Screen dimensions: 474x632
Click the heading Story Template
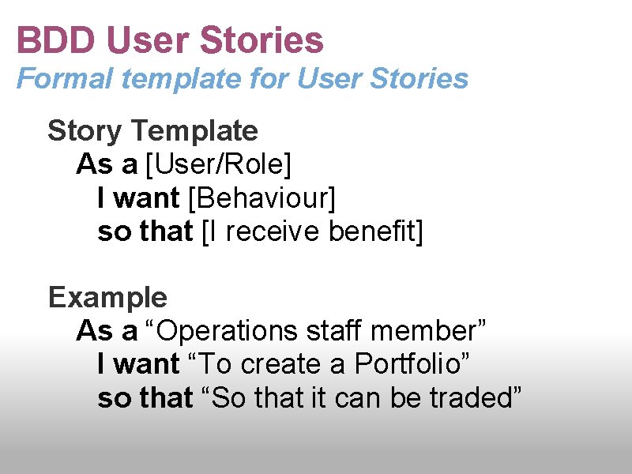click(152, 130)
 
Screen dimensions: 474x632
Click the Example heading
click(107, 298)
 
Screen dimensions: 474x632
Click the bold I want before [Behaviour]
click(138, 198)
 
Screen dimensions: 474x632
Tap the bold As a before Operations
click(107, 331)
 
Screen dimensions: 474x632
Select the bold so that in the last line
click(145, 398)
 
